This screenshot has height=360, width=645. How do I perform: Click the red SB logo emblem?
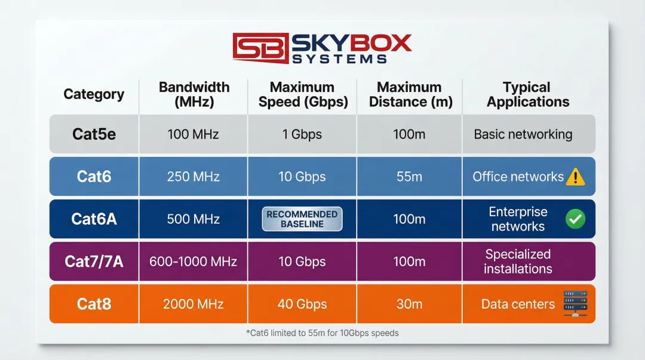pyautogui.click(x=260, y=48)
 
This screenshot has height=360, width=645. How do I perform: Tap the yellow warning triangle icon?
pyautogui.click(x=575, y=177)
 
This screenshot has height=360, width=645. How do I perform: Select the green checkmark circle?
pyautogui.click(x=575, y=219)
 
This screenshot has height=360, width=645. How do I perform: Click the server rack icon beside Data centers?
pyautogui.click(x=575, y=304)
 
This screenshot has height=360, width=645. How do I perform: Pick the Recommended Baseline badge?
pyautogui.click(x=302, y=219)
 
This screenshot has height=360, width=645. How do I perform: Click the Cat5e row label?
pyautogui.click(x=94, y=134)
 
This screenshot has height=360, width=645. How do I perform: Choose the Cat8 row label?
pyautogui.click(x=94, y=304)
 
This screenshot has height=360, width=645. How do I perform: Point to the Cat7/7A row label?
pyautogui.click(x=94, y=261)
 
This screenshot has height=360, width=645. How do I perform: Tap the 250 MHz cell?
pyautogui.click(x=193, y=177)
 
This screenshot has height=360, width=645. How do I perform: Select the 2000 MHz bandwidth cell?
pyautogui.click(x=193, y=304)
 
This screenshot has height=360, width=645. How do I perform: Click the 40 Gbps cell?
pyautogui.click(x=302, y=304)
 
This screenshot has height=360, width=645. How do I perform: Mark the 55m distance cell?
pyautogui.click(x=409, y=177)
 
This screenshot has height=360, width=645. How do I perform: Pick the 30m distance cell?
pyautogui.click(x=409, y=304)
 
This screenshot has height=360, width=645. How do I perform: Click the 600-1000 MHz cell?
pyautogui.click(x=193, y=261)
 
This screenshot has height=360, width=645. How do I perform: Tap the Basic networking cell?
pyautogui.click(x=523, y=134)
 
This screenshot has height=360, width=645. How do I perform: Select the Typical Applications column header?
pyautogui.click(x=528, y=95)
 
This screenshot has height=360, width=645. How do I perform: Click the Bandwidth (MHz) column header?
pyautogui.click(x=194, y=95)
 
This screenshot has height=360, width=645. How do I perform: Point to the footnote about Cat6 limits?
pyautogui.click(x=322, y=333)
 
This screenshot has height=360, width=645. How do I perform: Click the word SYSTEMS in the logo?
pyautogui.click(x=340, y=59)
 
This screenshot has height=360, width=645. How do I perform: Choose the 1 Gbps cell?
pyautogui.click(x=302, y=134)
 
